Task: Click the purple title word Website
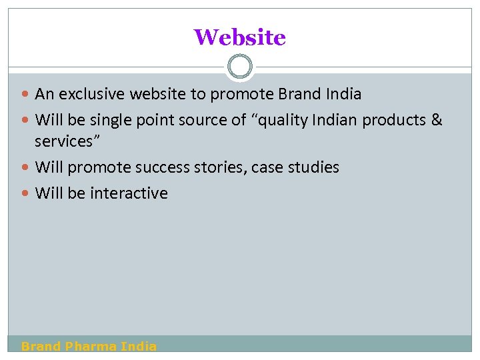tap(239, 37)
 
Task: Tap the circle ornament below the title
tap(240, 67)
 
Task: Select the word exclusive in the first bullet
tap(92, 94)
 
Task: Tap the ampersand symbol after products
tap(437, 120)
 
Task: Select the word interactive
tap(129, 193)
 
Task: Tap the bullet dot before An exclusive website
tap(26, 95)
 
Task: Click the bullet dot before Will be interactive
tap(26, 194)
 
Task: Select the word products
tap(395, 121)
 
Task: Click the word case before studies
tap(269, 167)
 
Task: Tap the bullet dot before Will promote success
tap(26, 168)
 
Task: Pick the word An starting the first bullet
tap(44, 94)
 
